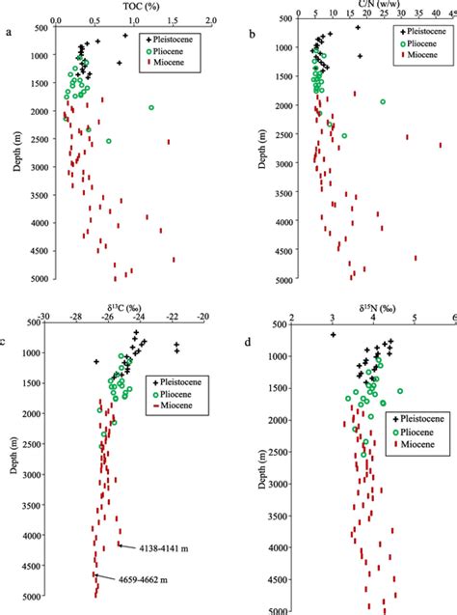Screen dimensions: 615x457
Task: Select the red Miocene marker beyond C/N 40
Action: pos(442,146)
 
